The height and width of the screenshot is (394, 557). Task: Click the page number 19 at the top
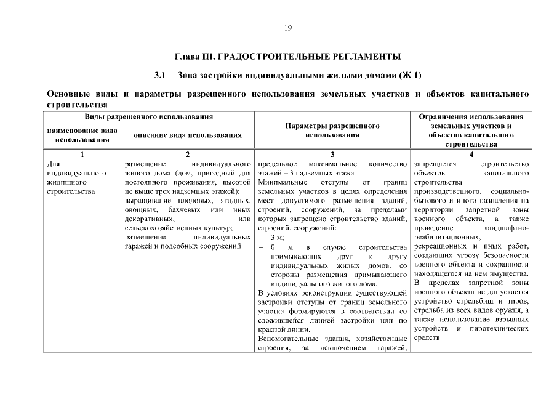[x=287, y=28]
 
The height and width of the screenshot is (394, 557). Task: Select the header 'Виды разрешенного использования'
[x=149, y=116]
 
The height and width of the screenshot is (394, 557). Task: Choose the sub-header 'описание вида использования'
[x=188, y=135]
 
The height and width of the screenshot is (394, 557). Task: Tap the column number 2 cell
[x=188, y=155]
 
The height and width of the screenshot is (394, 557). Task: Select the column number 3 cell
[x=332, y=155]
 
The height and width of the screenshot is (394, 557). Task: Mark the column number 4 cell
[x=471, y=155]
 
